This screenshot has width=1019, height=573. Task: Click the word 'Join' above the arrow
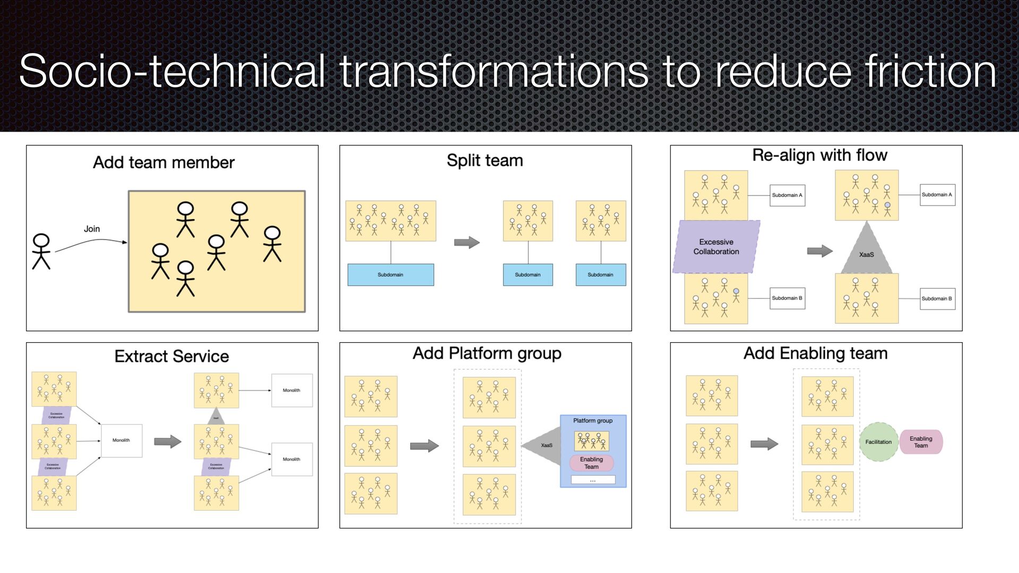tap(92, 229)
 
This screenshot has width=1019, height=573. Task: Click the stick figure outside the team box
tap(41, 251)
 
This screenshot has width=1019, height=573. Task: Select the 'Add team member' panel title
tap(163, 162)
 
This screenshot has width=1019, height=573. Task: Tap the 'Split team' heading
tap(485, 160)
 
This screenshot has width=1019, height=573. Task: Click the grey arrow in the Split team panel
tap(467, 242)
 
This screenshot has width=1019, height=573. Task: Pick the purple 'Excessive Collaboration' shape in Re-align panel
tap(716, 247)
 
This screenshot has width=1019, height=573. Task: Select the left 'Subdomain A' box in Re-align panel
tap(787, 195)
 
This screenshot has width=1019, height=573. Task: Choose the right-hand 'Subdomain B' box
tap(937, 299)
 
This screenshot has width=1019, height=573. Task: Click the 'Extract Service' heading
tap(171, 356)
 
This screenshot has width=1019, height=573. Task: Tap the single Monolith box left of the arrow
tap(121, 440)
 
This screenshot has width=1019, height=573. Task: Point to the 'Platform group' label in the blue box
tap(593, 421)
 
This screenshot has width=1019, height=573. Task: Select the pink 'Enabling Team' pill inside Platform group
tap(591, 463)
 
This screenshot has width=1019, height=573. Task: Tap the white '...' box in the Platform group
tap(593, 480)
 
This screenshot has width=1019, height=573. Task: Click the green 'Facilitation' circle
tap(878, 442)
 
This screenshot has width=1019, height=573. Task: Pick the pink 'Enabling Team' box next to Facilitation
tap(921, 442)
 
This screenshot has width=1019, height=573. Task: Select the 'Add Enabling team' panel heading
tap(815, 353)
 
